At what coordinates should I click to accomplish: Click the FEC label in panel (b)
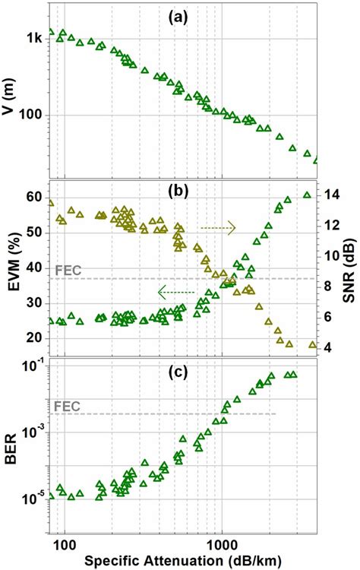point(68,270)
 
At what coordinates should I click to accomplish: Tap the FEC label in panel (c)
point(68,406)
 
